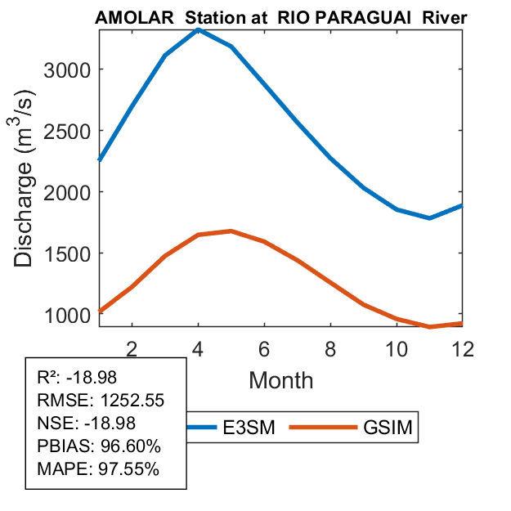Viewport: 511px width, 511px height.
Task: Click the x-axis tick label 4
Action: coord(199,348)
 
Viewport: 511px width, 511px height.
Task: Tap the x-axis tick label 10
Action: coord(396,348)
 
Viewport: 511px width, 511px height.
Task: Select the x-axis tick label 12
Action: coord(461,348)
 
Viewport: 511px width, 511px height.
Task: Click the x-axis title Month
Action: coord(280,379)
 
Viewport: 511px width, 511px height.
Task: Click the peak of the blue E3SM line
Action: coord(199,29)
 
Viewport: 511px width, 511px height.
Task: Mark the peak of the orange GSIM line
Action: coord(231,231)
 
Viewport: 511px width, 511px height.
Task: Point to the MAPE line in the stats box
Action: coord(98,469)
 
